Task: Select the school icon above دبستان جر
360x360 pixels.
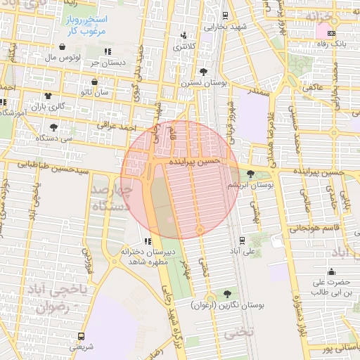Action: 108,51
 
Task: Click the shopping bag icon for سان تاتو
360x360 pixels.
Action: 94,82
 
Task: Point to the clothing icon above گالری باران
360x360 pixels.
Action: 48,96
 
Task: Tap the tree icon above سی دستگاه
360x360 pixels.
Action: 54,127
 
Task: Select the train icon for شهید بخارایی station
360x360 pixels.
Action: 224,15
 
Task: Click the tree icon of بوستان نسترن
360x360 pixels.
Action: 203,72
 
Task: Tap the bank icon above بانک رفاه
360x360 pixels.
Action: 330,32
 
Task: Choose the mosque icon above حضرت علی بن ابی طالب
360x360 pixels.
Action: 330,272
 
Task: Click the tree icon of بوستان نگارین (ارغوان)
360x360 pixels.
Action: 226,294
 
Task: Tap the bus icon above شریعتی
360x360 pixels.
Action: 81,336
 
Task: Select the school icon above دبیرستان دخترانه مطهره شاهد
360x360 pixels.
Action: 147,241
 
